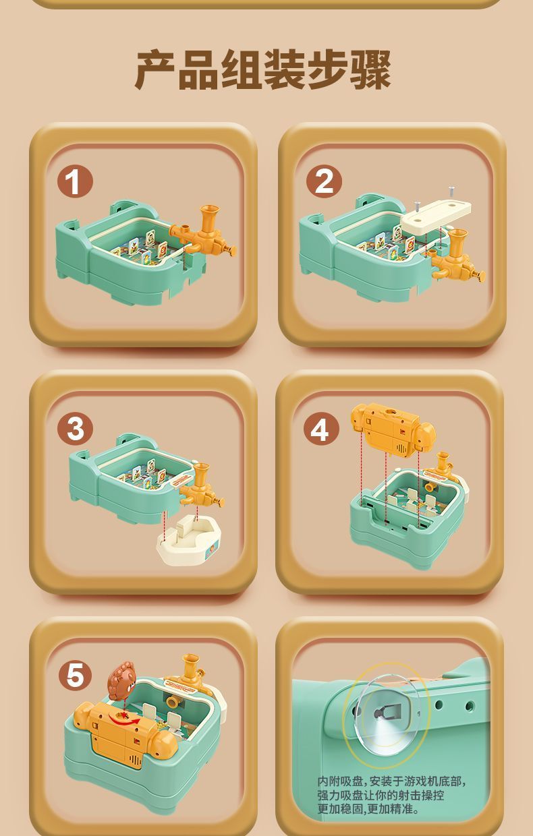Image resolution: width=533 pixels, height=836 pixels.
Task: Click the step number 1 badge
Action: (x=75, y=183)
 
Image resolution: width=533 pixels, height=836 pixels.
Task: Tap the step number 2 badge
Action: (x=324, y=183)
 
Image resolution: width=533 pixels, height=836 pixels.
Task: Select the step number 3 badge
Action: (x=75, y=429)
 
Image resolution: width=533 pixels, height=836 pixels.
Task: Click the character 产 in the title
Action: (x=156, y=70)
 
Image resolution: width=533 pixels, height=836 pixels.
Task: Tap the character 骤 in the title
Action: (x=370, y=70)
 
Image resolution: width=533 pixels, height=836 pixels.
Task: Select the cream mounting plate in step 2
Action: (x=436, y=216)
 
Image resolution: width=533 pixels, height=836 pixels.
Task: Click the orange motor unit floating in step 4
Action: (x=393, y=429)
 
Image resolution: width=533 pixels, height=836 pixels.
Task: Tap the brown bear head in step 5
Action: (x=121, y=682)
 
